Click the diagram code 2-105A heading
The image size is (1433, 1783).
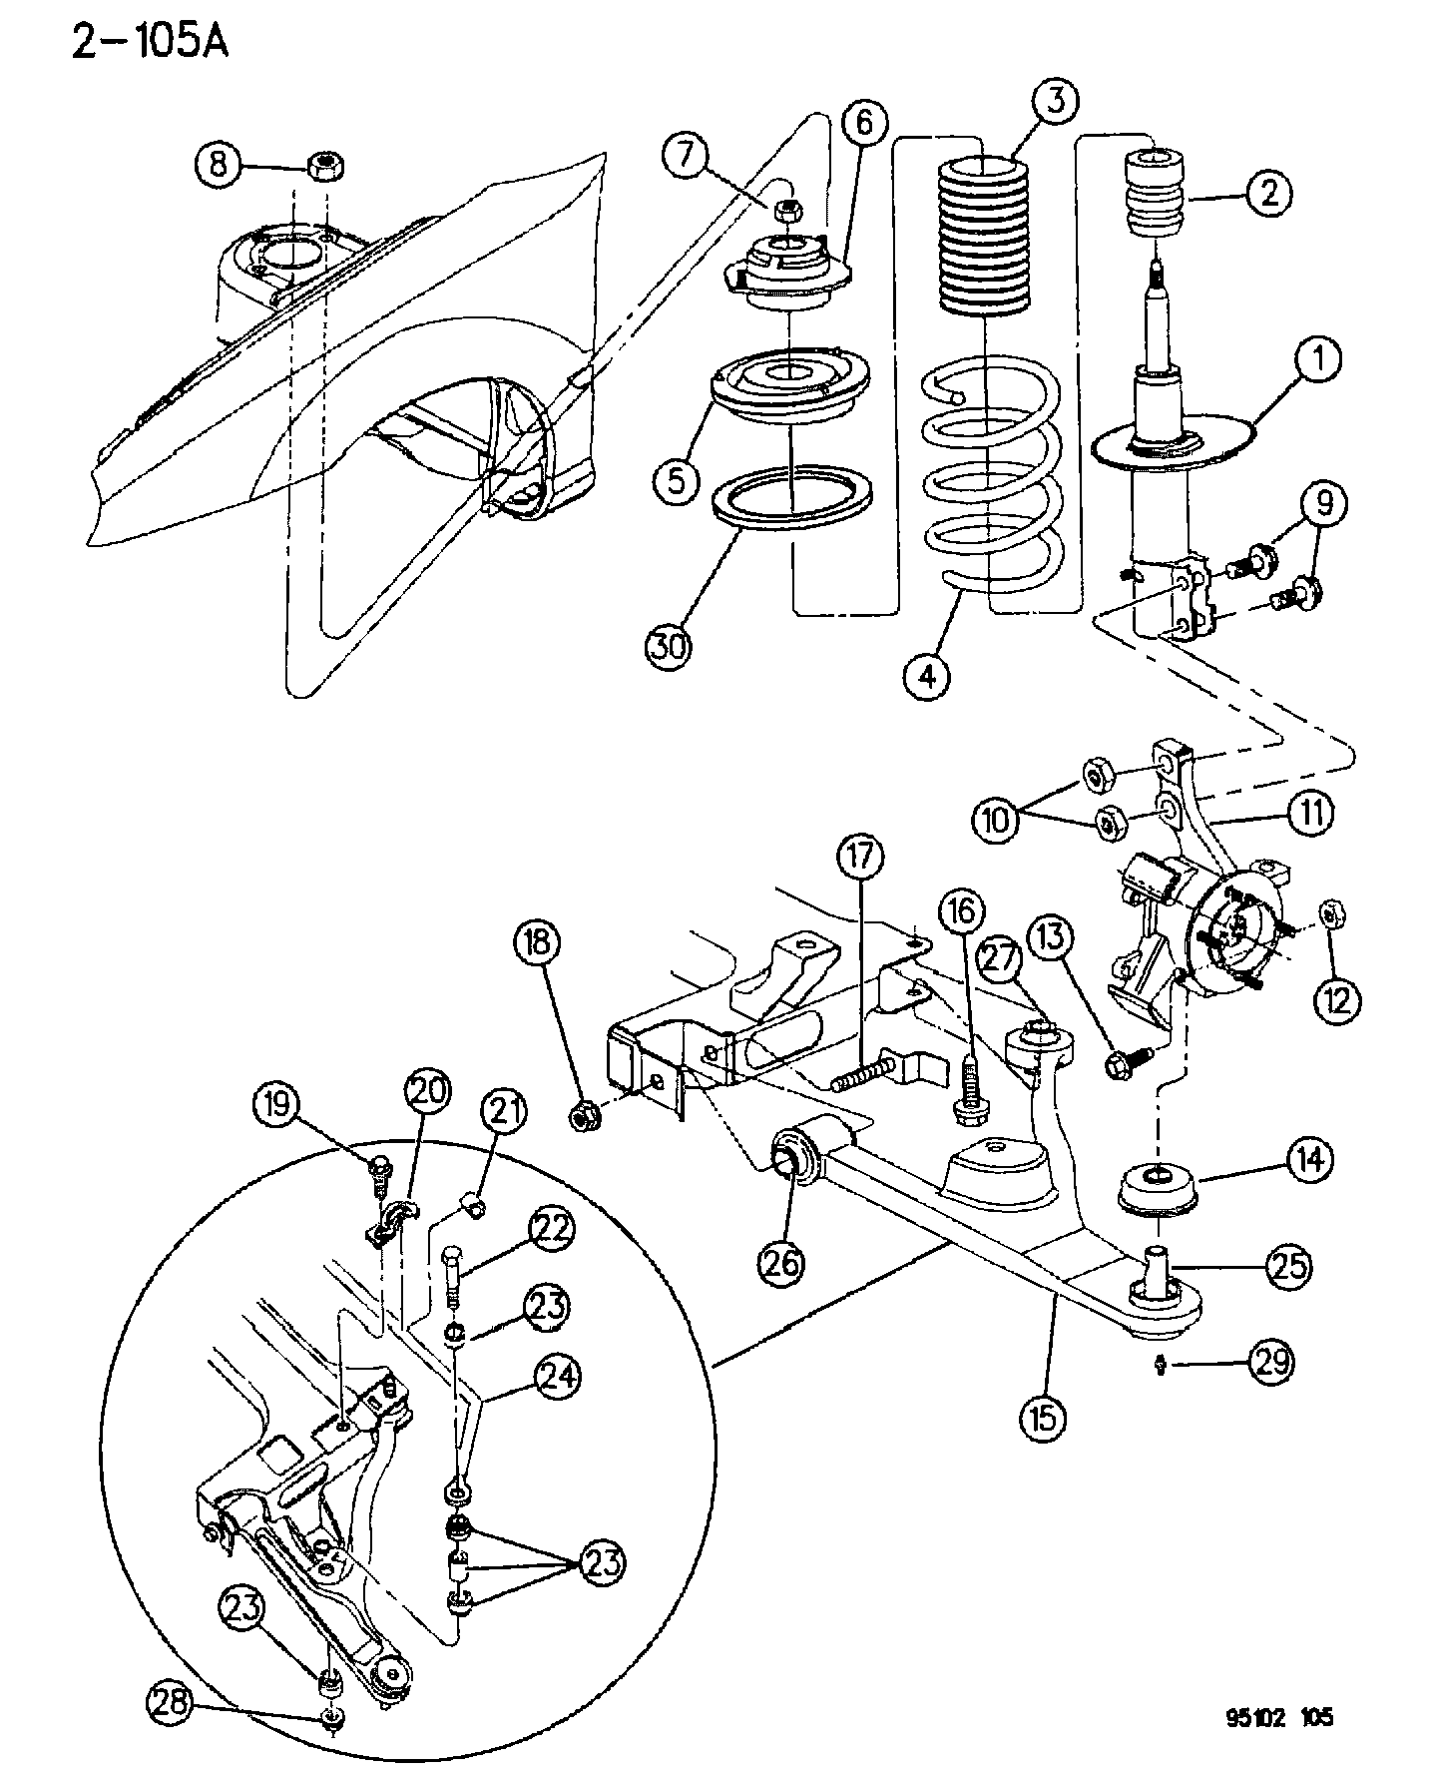151,41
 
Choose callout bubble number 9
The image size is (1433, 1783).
1323,505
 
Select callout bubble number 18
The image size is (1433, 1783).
540,944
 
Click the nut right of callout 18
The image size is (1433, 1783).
584,1117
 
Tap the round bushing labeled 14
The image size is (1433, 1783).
1156,1189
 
